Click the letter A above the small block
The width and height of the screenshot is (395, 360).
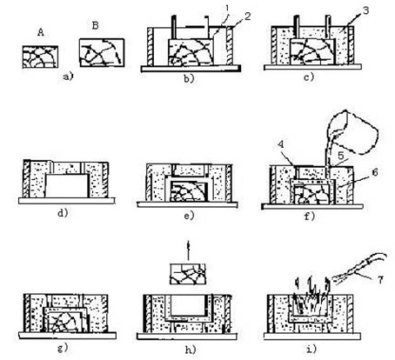41,33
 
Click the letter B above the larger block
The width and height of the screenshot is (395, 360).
95,26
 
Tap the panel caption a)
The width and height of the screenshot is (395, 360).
69,77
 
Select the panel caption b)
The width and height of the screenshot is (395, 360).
189,78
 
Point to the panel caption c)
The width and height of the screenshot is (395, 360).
310,77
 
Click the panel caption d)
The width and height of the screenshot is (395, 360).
63,213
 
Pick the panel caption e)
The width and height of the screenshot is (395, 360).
189,216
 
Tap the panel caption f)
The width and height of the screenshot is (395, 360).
310,217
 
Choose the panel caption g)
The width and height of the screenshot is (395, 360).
63,348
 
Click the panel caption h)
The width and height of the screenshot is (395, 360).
191,350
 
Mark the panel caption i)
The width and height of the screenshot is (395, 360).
311,349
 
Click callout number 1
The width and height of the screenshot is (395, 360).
228,9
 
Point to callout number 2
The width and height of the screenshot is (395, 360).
247,17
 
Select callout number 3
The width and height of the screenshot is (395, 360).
365,10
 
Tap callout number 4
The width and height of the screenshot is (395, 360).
281,144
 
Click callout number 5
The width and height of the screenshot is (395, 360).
341,156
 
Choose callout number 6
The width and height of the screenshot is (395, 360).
375,172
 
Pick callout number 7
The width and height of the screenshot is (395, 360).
380,280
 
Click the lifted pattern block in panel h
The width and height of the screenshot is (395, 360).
188,274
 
